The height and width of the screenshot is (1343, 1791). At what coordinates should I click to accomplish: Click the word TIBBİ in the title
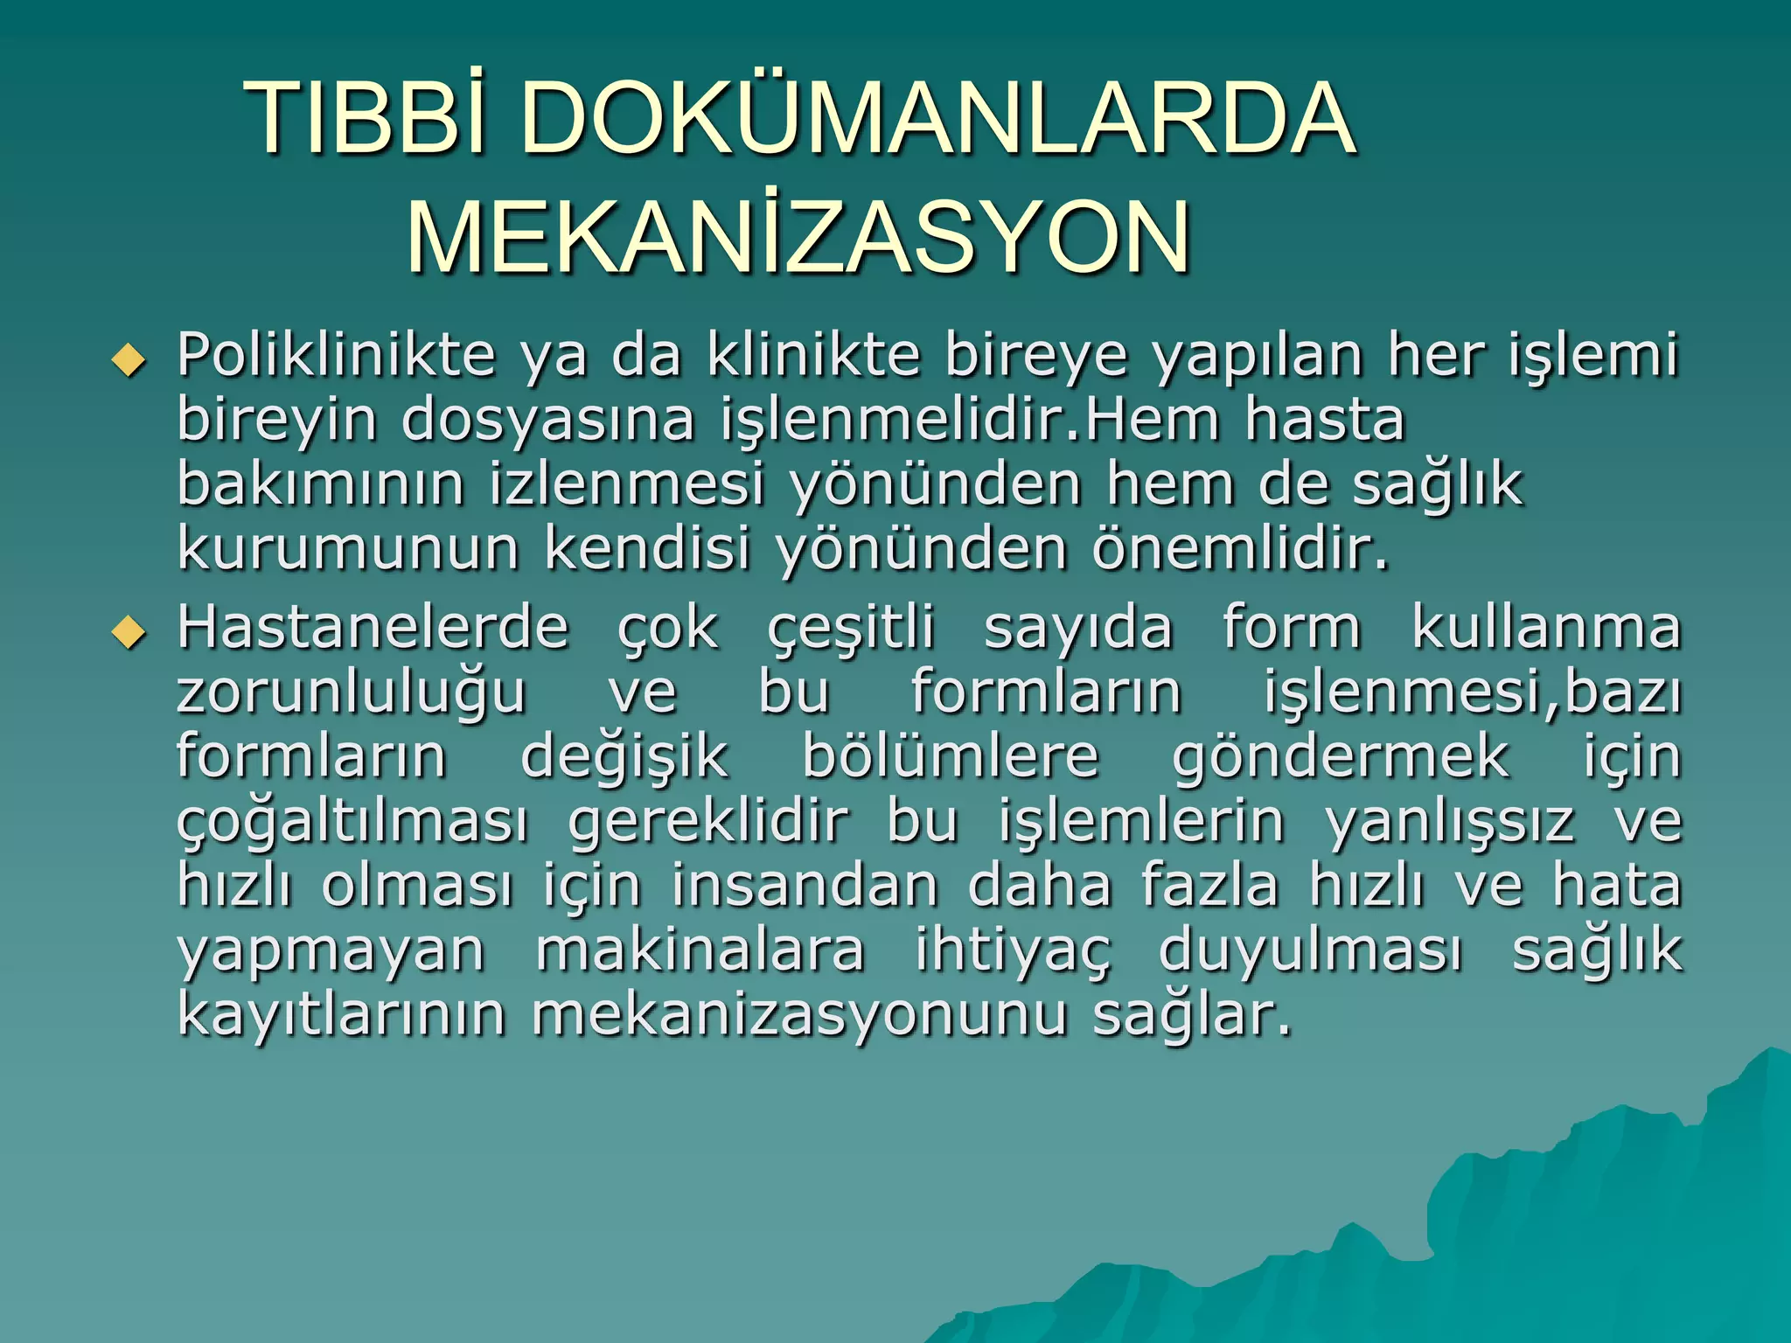[367, 118]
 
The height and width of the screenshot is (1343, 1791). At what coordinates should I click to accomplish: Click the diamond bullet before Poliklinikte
[129, 358]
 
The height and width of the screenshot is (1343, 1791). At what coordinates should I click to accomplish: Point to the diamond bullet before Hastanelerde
[129, 631]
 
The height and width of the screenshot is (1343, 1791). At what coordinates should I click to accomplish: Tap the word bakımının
[320, 484]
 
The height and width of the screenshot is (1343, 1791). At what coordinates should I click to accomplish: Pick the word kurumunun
[348, 548]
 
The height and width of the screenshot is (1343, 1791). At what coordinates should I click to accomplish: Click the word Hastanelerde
[373, 628]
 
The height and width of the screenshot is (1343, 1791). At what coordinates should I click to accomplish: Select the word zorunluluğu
[352, 693]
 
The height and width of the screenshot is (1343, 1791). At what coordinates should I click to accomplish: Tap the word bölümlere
[951, 756]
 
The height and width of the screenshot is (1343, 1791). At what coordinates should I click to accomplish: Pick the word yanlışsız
[1450, 823]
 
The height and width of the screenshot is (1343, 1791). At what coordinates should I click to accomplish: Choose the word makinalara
[700, 950]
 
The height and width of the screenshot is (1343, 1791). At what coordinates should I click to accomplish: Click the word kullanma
[1546, 628]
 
